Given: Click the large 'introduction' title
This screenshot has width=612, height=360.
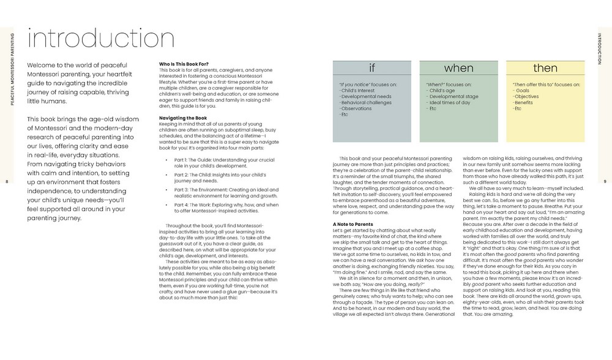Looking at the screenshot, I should [x=92, y=38].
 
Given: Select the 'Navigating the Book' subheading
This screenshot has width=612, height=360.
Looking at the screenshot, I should [x=183, y=118].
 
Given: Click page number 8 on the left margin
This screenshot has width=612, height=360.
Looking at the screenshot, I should [x=6, y=182].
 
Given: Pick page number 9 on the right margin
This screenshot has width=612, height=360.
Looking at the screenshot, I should [x=605, y=182].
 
